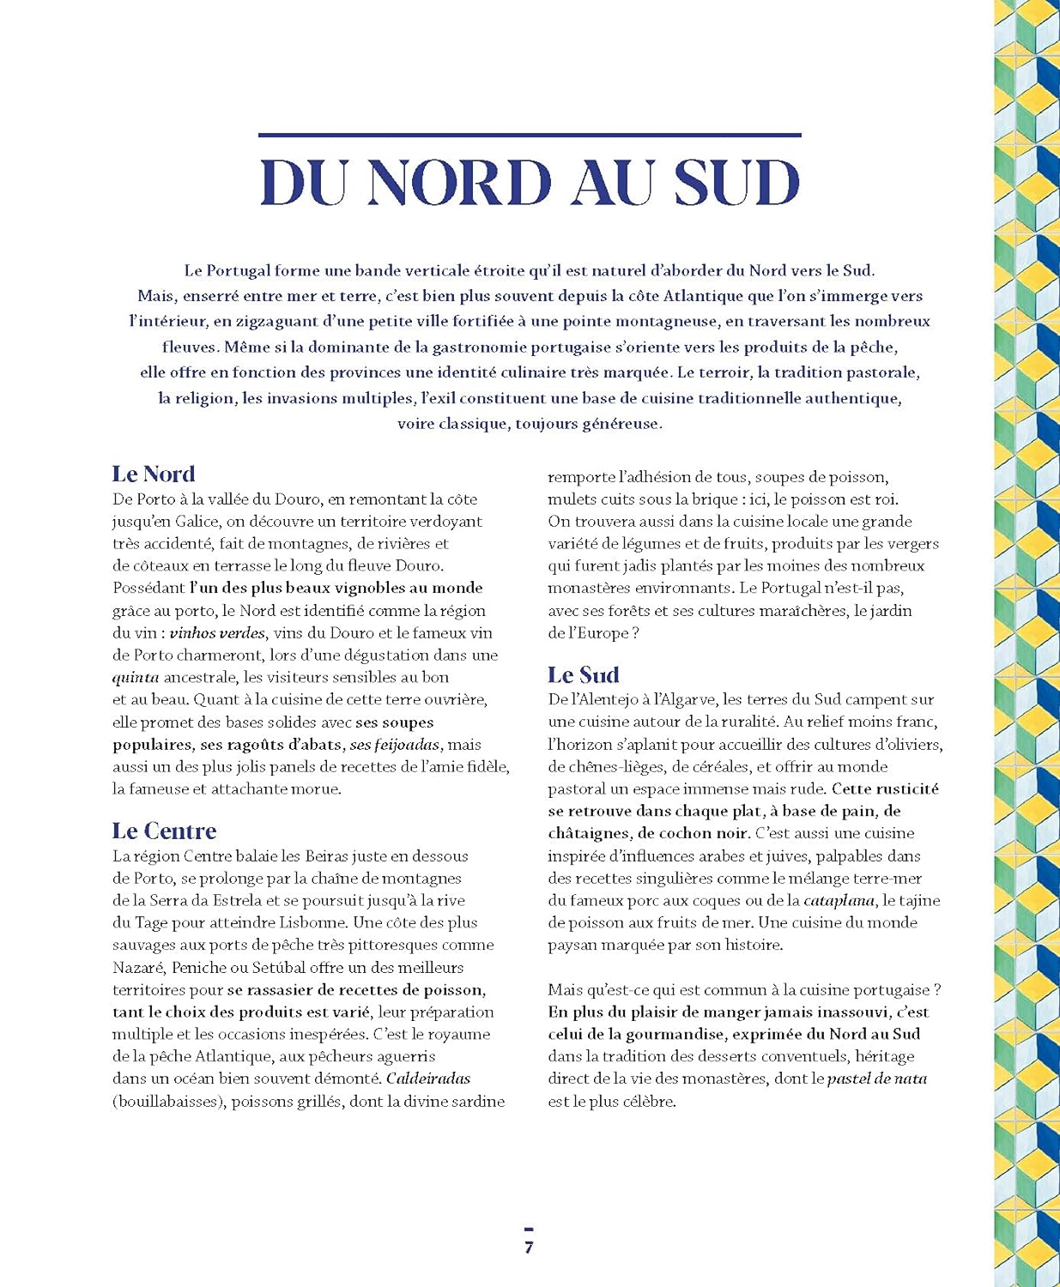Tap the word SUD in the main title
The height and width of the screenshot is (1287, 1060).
[736, 183]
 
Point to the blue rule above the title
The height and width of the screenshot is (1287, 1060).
[530, 135]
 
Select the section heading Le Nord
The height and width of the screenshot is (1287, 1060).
[154, 474]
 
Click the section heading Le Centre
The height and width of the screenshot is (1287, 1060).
[164, 831]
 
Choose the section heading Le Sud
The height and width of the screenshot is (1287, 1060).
[584, 674]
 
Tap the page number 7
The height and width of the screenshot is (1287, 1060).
[529, 1248]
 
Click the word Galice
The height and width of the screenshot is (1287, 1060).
[197, 522]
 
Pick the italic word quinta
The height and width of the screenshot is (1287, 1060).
[136, 678]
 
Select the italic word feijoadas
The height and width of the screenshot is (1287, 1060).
[407, 745]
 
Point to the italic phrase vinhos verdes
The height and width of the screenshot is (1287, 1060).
[218, 633]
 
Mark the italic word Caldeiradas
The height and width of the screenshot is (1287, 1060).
[428, 1079]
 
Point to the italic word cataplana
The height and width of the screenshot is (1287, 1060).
[839, 901]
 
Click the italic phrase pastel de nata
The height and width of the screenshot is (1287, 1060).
[877, 1079]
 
